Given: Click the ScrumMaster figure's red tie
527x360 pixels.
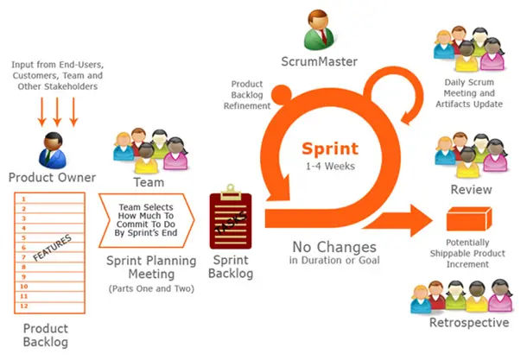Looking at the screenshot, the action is click(323, 36).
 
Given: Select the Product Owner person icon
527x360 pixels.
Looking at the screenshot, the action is click(53, 150).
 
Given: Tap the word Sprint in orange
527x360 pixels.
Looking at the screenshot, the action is click(330, 148).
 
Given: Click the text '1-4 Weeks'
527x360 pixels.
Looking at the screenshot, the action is click(330, 167).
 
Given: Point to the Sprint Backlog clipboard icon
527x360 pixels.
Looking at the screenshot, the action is click(231, 217).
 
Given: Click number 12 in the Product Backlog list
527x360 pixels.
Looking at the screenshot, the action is click(24, 306).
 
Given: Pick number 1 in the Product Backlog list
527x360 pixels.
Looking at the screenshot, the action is click(23, 199).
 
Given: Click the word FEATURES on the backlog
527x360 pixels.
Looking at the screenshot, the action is click(53, 248).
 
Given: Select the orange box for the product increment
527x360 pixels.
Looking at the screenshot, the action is click(469, 219).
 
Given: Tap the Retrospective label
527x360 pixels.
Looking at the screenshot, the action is click(469, 322).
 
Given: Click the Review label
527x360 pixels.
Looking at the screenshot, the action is click(471, 189).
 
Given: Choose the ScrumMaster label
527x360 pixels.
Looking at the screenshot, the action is click(320, 61).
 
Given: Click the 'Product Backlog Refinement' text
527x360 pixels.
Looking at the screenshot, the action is click(247, 95).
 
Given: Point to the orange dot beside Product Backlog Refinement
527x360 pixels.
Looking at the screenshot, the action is click(282, 95).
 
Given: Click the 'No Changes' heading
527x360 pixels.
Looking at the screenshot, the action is click(334, 247).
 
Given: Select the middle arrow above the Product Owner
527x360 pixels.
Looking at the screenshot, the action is click(58, 112).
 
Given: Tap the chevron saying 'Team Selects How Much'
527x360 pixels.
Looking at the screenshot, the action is click(146, 221).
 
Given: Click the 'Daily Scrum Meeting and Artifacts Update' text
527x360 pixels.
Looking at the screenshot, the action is click(469, 93).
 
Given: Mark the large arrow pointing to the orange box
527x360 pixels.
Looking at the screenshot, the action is click(398, 221).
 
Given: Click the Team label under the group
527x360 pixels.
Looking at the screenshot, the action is click(149, 182).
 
